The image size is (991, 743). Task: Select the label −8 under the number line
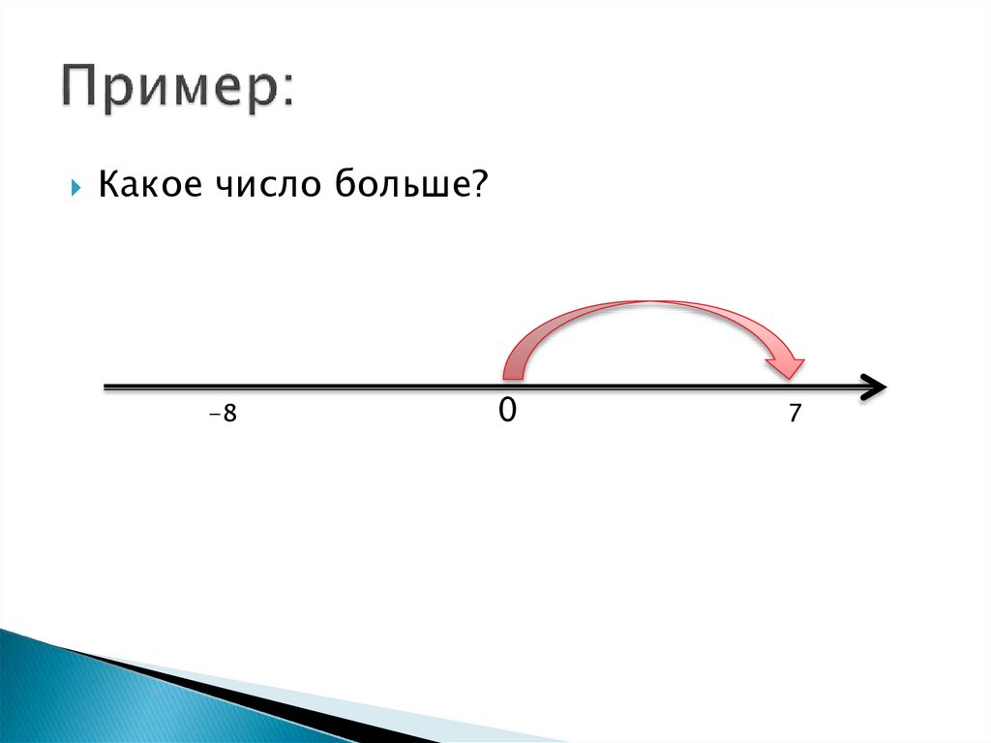[223, 415]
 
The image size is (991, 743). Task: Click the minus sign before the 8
[213, 416]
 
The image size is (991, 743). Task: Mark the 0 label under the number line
[507, 411]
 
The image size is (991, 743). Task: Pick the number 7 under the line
[795, 414]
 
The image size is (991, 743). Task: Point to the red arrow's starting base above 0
[513, 370]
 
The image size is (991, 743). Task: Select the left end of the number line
[106, 387]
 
